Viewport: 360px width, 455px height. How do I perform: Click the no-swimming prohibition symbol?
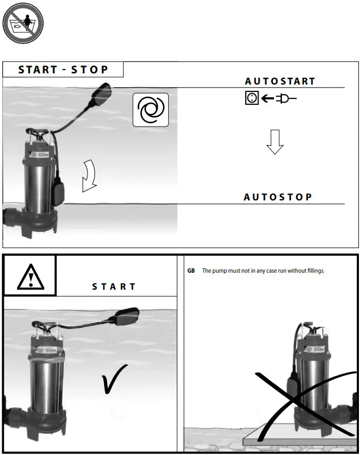[22, 23]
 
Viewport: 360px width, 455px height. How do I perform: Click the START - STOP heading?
[63, 70]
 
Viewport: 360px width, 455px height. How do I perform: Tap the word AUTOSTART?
[280, 81]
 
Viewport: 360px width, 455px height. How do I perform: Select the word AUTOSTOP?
[278, 197]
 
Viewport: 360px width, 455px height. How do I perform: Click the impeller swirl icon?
[151, 110]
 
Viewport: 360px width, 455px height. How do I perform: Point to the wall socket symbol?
[252, 98]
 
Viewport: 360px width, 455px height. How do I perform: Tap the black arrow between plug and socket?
[268, 98]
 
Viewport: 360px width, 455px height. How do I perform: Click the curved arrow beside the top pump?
[90, 177]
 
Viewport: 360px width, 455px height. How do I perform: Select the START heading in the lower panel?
[114, 287]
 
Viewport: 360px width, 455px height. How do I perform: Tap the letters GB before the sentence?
[191, 271]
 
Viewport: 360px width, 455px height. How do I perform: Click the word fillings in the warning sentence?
[312, 271]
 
